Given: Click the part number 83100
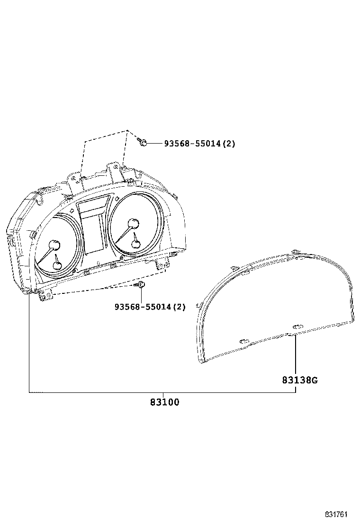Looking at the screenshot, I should click(164, 402).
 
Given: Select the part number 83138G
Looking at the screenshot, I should click(299, 380).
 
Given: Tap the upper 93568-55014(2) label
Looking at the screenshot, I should click(199, 143).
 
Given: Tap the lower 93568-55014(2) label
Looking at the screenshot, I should click(150, 307).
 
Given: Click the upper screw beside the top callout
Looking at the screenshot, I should click(143, 141).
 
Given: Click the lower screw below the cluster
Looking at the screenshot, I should click(141, 285).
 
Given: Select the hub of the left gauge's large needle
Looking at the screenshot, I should click(55, 245).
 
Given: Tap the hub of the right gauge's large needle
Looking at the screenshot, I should click(133, 224).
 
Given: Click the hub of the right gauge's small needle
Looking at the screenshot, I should click(136, 244).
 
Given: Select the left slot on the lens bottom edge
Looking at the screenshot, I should click(244, 341).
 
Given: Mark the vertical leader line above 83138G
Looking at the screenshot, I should click(296, 355).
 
